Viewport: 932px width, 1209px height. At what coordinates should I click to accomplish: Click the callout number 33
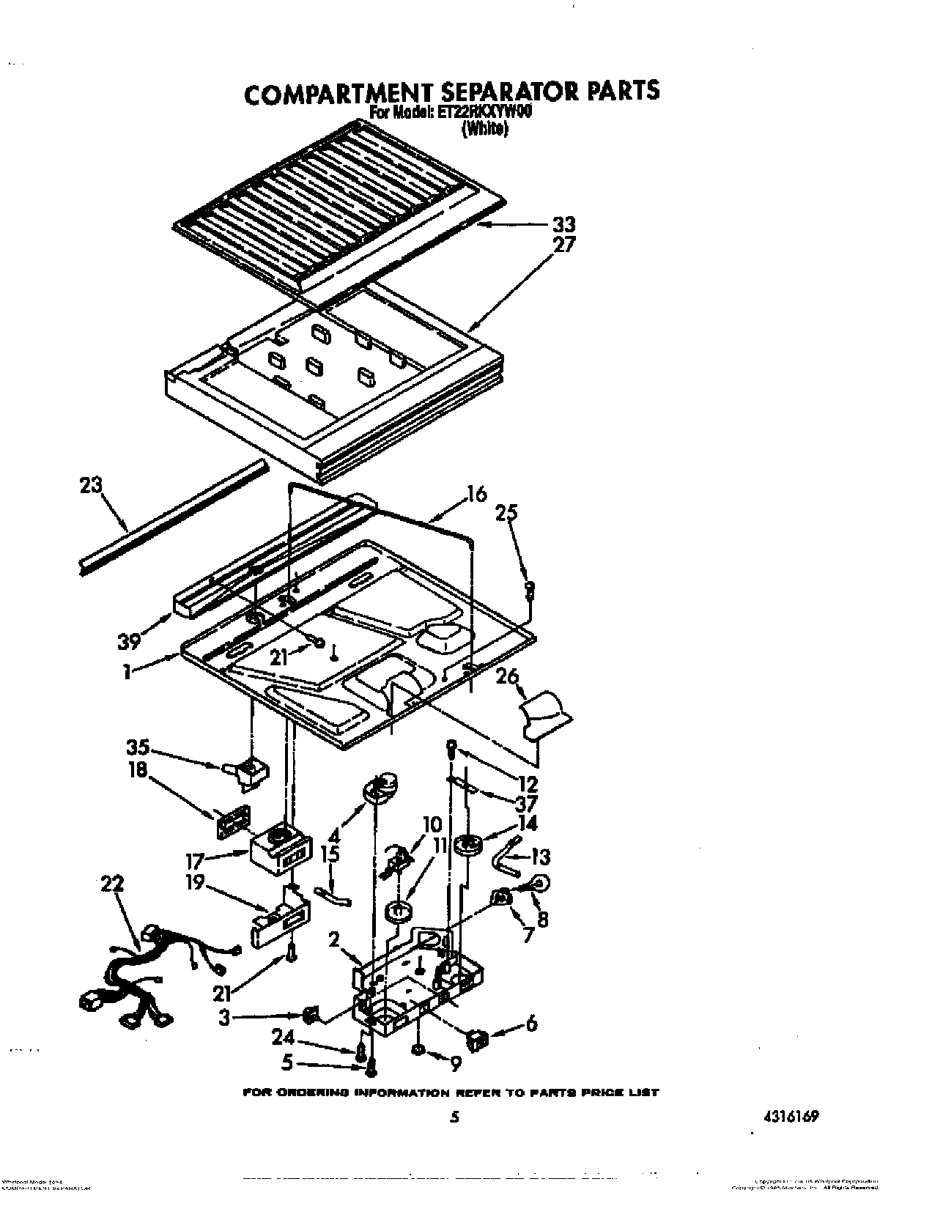click(x=563, y=224)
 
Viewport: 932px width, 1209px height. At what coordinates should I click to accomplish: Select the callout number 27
click(x=564, y=244)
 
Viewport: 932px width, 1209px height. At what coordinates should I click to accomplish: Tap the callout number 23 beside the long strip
click(x=92, y=486)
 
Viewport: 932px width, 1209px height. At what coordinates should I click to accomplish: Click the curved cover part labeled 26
click(x=546, y=714)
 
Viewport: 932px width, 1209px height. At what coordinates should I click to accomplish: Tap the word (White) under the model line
click(x=484, y=130)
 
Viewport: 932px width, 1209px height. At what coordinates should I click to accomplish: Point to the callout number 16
click(x=476, y=495)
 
